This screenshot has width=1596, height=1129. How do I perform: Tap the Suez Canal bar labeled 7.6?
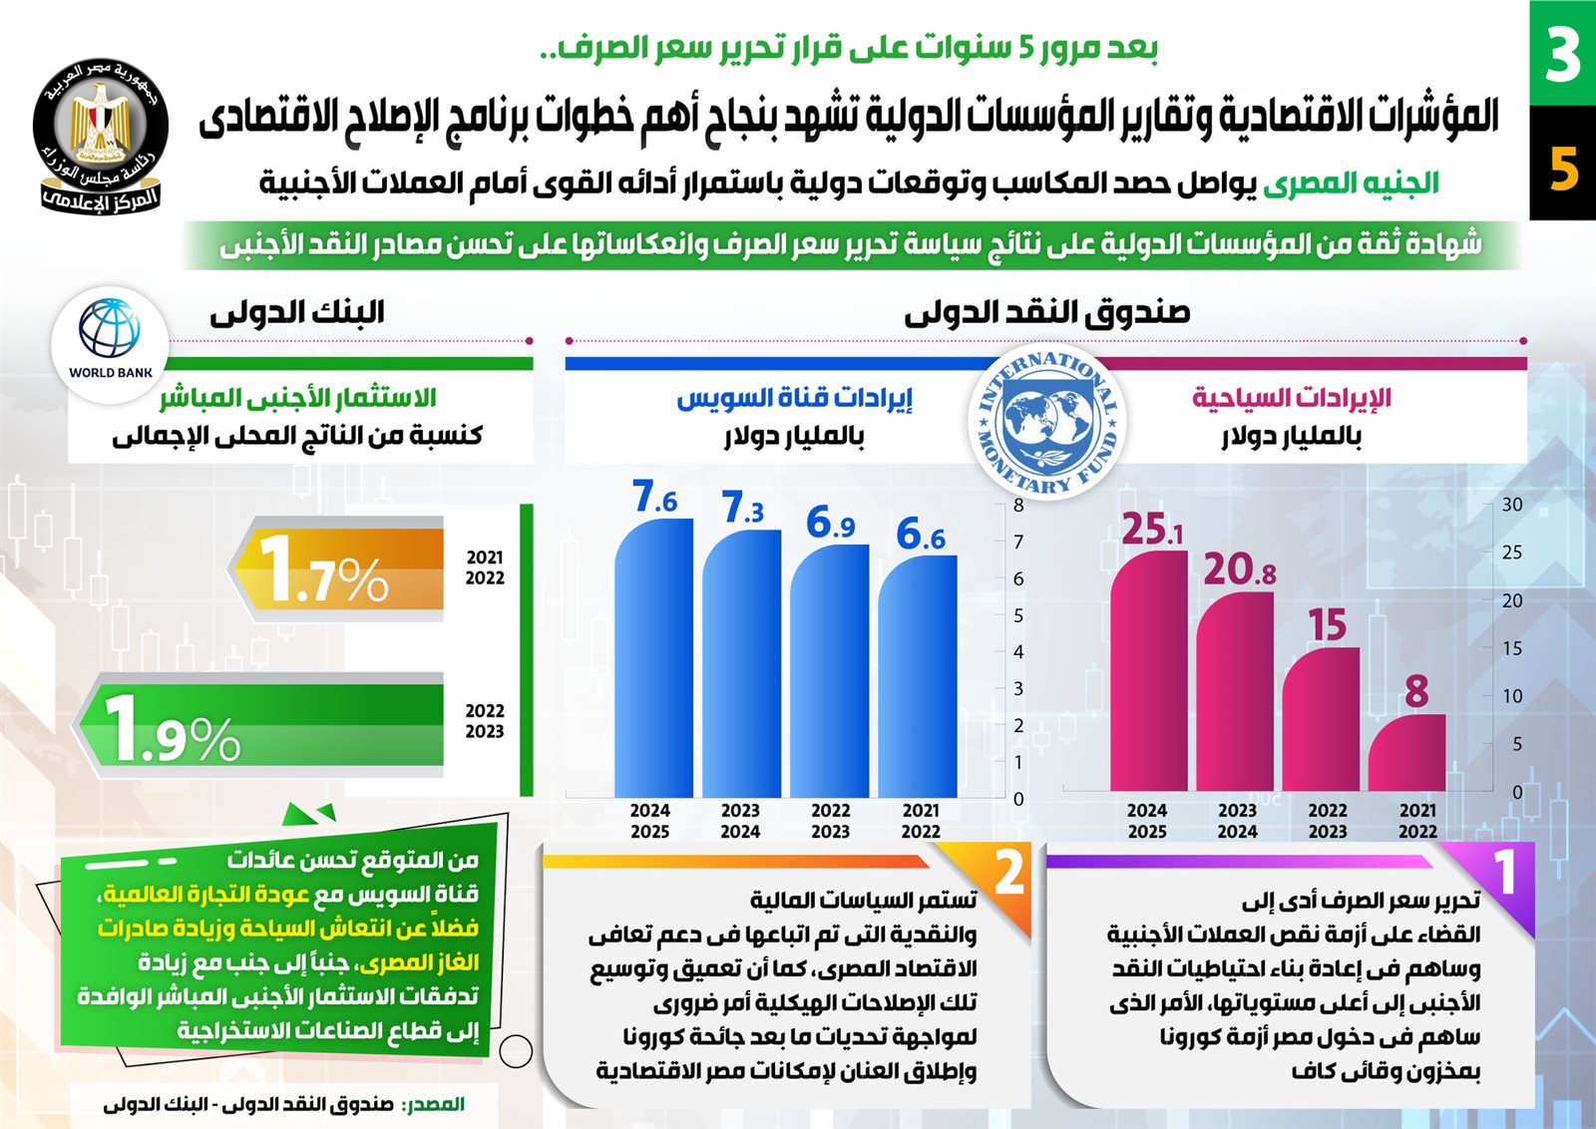(x=653, y=658)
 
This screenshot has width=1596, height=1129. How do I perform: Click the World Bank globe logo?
(x=110, y=329)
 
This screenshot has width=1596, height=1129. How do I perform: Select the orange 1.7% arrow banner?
(x=339, y=569)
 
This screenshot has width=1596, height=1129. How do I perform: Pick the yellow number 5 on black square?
(x=1563, y=168)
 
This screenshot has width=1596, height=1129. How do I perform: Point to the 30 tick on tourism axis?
(x=1512, y=505)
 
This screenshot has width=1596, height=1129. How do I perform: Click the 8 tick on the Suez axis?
(x=1018, y=506)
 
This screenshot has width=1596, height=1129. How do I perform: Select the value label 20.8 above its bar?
(x=1239, y=568)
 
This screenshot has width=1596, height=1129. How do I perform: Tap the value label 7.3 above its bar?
(x=742, y=508)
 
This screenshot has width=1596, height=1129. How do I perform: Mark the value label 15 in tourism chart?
(x=1327, y=625)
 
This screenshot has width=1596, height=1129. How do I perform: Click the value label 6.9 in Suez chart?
(x=830, y=522)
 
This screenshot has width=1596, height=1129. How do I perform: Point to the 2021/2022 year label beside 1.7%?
(x=485, y=567)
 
